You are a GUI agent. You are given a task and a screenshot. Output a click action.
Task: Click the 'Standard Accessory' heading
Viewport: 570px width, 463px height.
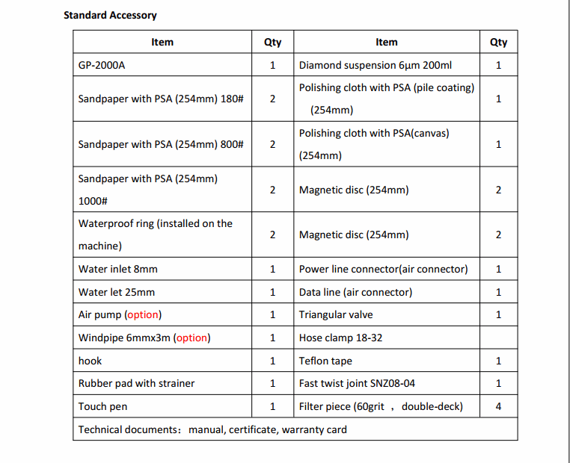click(x=110, y=15)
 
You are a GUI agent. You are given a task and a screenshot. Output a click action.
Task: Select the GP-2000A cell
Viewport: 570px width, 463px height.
click(x=102, y=65)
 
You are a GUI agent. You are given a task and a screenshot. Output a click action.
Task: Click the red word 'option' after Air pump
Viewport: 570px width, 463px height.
click(x=143, y=315)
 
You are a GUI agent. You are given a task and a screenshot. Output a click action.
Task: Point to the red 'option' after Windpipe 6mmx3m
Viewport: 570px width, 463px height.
click(x=192, y=338)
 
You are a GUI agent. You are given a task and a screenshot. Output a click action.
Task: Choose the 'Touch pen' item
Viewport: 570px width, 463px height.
click(x=102, y=407)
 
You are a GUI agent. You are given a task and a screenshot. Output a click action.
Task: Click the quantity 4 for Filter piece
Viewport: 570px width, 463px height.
click(x=498, y=407)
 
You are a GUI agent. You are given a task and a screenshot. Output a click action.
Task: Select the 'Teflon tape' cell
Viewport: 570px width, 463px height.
click(x=325, y=361)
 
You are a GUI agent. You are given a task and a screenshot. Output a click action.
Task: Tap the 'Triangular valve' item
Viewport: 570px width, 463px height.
click(x=336, y=315)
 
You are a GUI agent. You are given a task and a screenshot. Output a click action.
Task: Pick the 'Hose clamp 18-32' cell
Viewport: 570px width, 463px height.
click(x=340, y=338)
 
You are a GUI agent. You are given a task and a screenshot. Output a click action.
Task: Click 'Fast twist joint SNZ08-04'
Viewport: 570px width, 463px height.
click(x=357, y=384)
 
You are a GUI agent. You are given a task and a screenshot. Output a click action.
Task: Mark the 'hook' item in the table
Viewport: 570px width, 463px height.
click(x=91, y=361)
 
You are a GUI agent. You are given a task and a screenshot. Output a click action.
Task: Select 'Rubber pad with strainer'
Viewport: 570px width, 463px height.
click(x=136, y=384)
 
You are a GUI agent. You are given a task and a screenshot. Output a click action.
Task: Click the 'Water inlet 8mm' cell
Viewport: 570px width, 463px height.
click(x=117, y=269)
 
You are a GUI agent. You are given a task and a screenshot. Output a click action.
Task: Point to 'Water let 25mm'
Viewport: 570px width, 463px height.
click(x=116, y=292)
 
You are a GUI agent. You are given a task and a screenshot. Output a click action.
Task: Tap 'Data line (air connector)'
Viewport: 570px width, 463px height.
click(x=355, y=292)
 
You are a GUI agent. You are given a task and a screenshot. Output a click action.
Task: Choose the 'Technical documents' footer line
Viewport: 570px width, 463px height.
click(x=212, y=429)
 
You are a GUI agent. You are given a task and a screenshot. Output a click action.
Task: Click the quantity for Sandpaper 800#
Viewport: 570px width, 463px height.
click(x=272, y=144)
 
